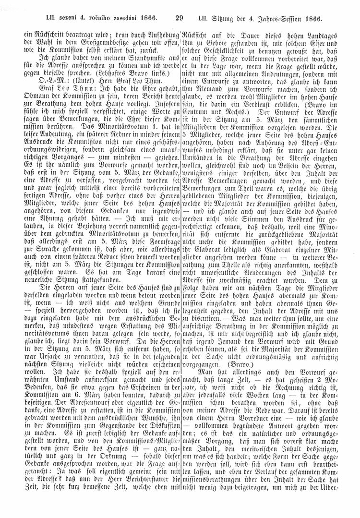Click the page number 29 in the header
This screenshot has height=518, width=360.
pyautogui.click(x=180, y=18)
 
